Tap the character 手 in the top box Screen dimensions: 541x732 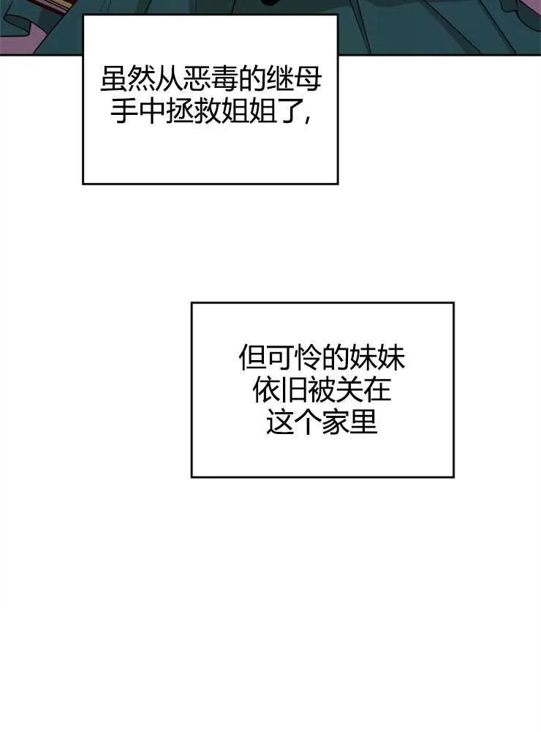click(124, 111)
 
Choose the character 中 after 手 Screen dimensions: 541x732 click(152, 111)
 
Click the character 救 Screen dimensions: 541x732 click(207, 111)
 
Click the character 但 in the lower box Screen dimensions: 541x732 click(252, 358)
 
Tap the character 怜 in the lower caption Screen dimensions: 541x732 click(308, 358)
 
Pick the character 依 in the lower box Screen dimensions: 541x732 click(266, 390)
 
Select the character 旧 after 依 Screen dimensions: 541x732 click(294, 390)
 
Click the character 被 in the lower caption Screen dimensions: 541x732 click(322, 390)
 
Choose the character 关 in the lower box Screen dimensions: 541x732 click(349, 390)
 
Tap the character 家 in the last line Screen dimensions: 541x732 click(336, 422)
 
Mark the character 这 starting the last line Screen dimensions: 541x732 click(280, 422)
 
